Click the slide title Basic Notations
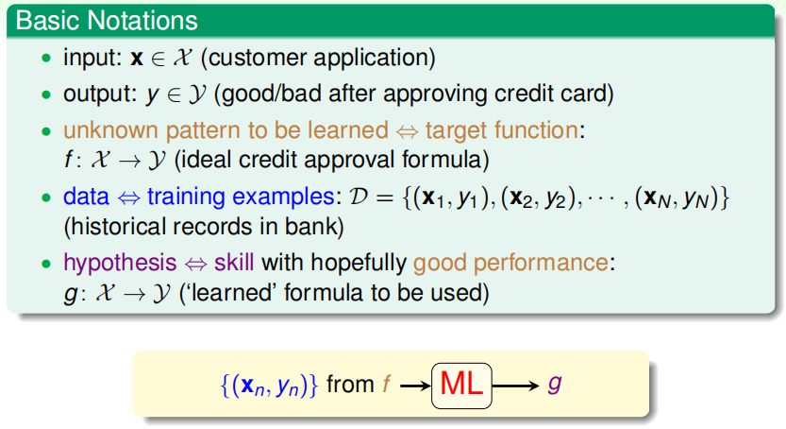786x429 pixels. coord(107,21)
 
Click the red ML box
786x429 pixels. coord(461,386)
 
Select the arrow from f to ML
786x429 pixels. coord(415,386)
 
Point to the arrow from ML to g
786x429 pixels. coord(516,386)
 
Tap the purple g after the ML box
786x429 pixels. coord(555,384)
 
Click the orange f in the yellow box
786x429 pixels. coord(387,384)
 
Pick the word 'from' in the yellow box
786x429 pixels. coord(350,385)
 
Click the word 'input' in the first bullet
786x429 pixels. coord(92,59)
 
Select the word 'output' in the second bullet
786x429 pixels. coord(99,94)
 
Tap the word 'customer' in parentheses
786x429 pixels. coord(258,58)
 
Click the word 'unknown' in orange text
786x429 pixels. coord(110,130)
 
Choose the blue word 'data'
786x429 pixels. coord(86,197)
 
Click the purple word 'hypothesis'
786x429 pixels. coord(120,263)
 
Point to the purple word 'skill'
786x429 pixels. coord(234,263)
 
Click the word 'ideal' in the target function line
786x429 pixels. coord(207,160)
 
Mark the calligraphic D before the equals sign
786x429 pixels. coord(359,197)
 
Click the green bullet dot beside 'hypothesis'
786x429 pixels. coord(46,263)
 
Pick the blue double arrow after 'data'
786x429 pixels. coord(128,197)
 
